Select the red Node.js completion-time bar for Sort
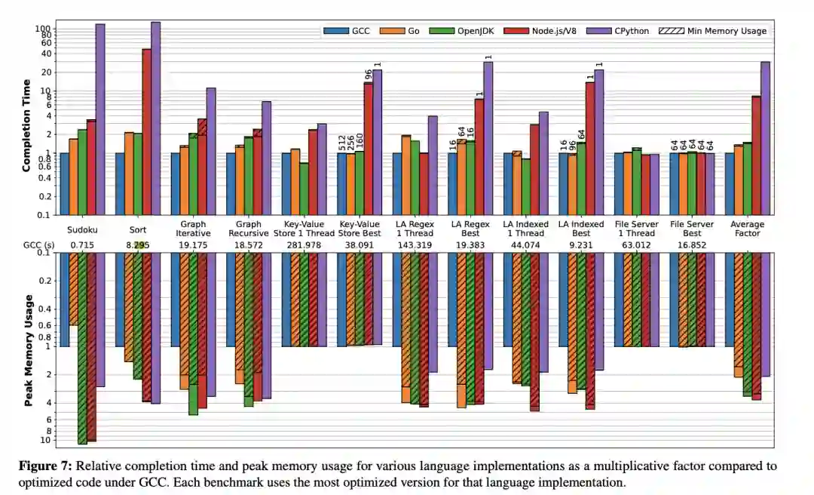point(146,131)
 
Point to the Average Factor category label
point(746,229)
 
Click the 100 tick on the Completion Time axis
point(42,29)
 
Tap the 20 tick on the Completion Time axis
point(44,72)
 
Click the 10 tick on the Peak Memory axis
point(44,440)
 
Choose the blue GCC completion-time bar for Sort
point(119,183)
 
